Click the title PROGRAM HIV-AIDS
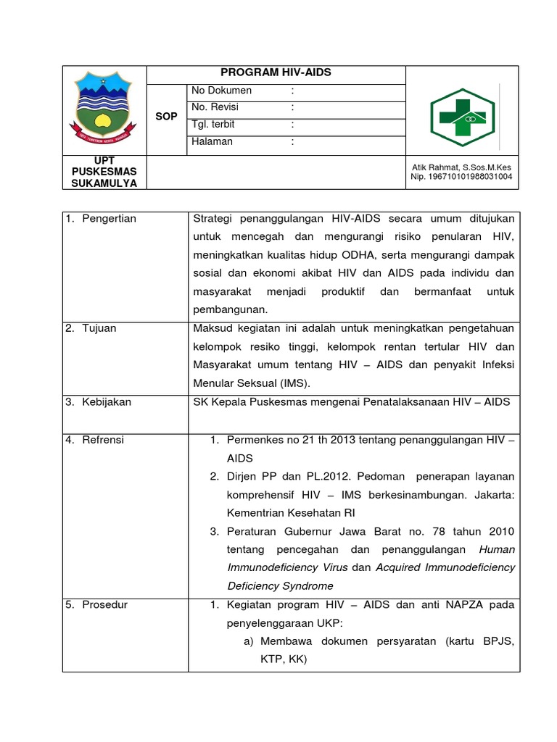coord(276,73)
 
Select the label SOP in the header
coord(166,116)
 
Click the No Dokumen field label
coord(221,91)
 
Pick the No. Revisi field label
coord(215,107)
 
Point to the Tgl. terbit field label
coord(213,125)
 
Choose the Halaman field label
coord(212,142)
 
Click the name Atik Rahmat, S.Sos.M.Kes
coord(461,167)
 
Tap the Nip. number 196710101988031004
coord(461,177)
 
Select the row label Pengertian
coord(109,219)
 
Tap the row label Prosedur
coord(104,604)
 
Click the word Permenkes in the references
coord(253,440)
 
